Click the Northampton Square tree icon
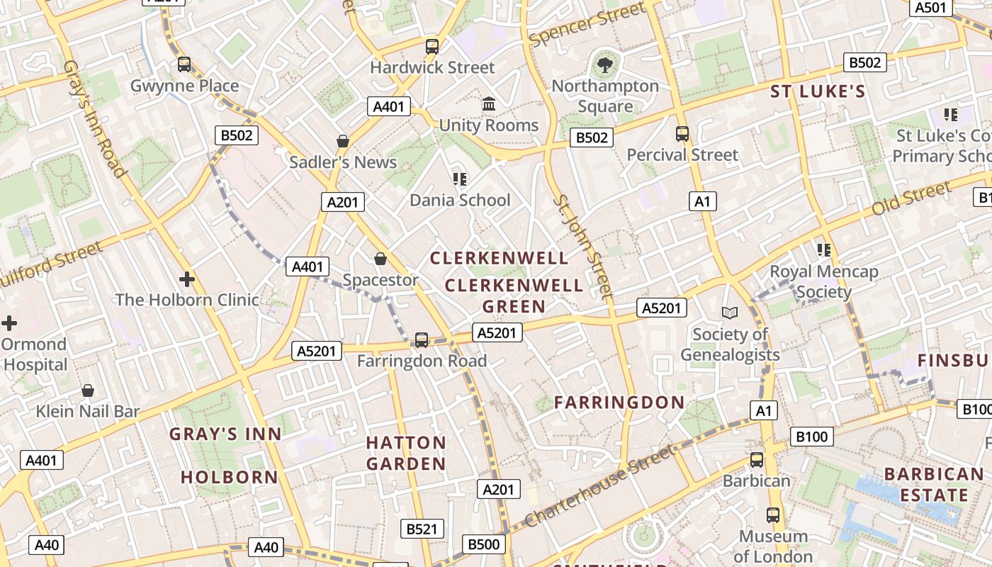tap(605, 65)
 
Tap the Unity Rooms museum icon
tap(488, 104)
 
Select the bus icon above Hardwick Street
tap(432, 47)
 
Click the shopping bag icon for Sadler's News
tap(343, 141)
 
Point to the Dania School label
tap(460, 200)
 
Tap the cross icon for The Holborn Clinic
tap(187, 279)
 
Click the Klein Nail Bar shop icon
tap(88, 391)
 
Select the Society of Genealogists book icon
tap(729, 313)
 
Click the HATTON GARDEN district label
tap(406, 454)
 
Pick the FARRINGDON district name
tap(619, 403)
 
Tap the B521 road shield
tap(424, 529)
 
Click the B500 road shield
tap(485, 544)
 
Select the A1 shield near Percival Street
tap(702, 201)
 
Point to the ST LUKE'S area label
tap(818, 91)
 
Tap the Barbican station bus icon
tap(757, 460)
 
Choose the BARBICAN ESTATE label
tap(934, 484)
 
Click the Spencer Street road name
tap(587, 24)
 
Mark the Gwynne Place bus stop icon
tap(184, 64)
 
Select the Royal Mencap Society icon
tap(823, 250)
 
